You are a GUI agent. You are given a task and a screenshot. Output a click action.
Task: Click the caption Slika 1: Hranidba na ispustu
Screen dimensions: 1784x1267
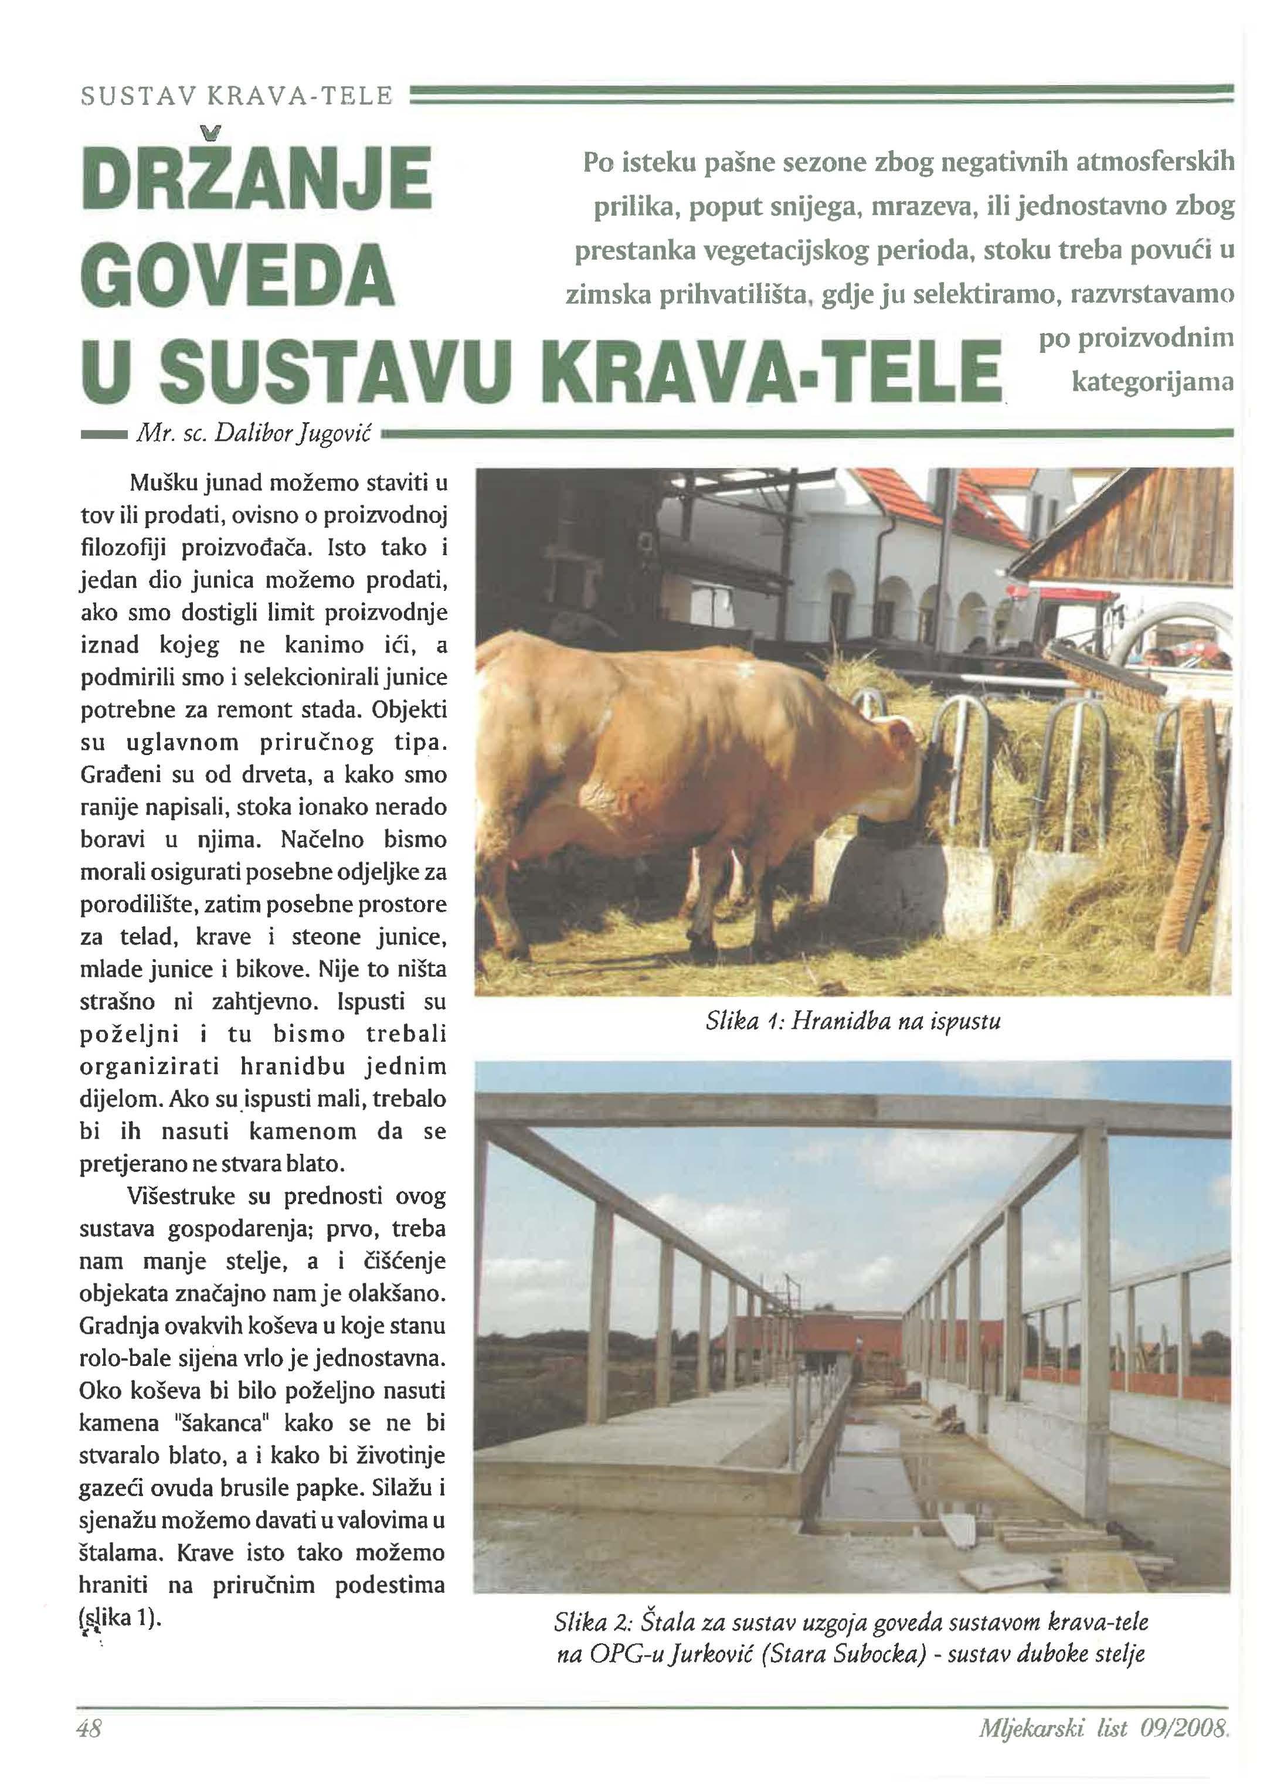[852, 1020]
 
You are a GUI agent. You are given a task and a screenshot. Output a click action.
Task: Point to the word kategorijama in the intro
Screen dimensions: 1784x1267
[1152, 382]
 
